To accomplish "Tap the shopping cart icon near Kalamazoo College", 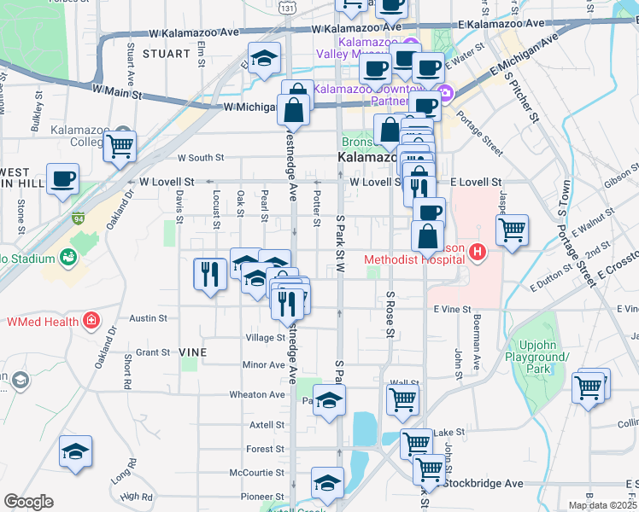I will point(120,148).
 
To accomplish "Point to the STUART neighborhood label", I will point(167,53).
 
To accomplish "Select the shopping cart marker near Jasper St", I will point(512,230).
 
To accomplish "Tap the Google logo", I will point(28,502).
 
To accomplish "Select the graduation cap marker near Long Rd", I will point(76,451).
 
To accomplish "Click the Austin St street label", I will point(148,318).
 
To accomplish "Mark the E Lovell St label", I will point(475,182).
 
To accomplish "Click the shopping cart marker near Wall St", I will point(402,399).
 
